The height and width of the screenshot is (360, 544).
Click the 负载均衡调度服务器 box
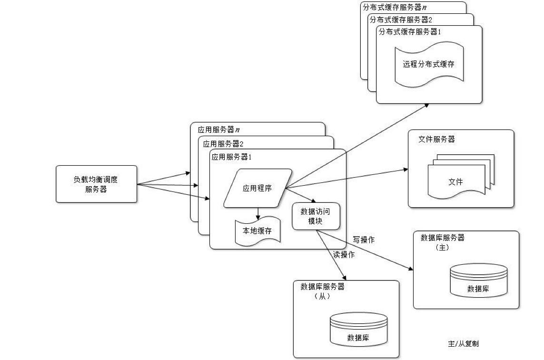coord(97,184)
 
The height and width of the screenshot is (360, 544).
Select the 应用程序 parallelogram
coord(257,188)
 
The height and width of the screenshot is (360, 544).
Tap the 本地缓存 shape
coord(257,231)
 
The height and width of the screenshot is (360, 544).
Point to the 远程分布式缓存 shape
coord(429,64)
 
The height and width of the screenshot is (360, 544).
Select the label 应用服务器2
coord(223,143)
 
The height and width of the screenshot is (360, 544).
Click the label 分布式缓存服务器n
coord(394,7)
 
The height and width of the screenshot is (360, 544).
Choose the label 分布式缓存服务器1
coord(410,32)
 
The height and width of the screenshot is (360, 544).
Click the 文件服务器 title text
coord(436,139)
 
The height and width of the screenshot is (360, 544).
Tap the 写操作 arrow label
coord(363,240)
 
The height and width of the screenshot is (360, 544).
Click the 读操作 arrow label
coord(343,254)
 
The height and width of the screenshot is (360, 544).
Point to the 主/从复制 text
coord(460,343)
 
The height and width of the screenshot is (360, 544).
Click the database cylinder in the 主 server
coord(477,281)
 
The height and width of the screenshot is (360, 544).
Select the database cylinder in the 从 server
coord(358,330)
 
